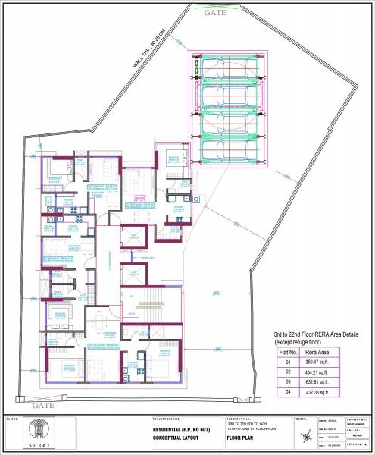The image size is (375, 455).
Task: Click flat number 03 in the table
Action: click(287, 383)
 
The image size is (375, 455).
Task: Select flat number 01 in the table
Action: click(287, 362)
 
